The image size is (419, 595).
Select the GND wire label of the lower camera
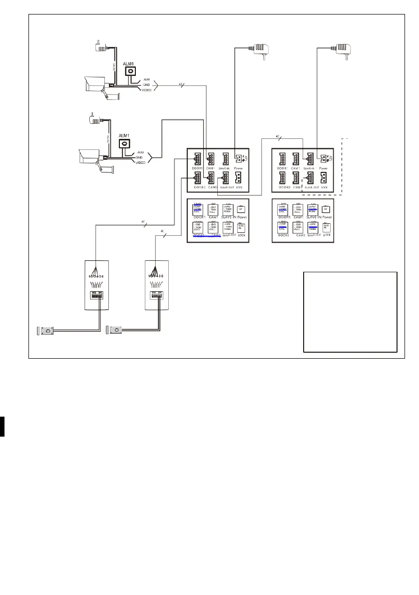click(x=140, y=157)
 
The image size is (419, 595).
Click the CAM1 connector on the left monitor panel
click(x=211, y=159)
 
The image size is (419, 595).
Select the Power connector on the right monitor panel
click(x=324, y=158)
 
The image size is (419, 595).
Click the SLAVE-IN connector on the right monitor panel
click(x=311, y=159)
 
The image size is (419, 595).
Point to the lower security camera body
click(x=90, y=155)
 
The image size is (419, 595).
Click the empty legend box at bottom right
click(x=350, y=312)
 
